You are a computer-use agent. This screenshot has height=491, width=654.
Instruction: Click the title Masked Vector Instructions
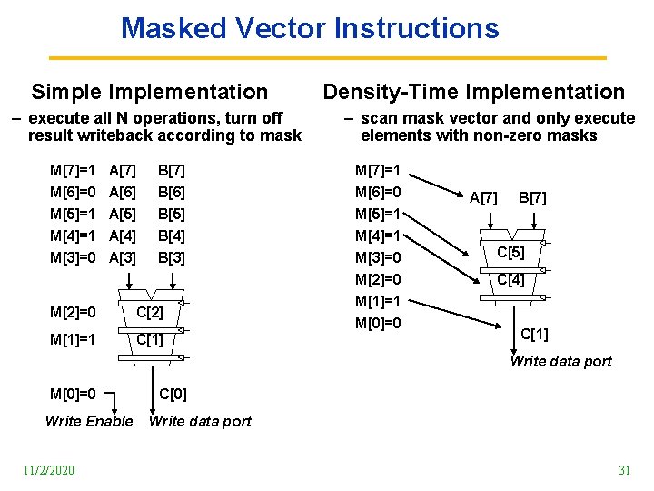[310, 28]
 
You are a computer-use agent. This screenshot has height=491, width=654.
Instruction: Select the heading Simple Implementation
[150, 92]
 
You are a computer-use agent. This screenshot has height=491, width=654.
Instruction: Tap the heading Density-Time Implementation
[474, 92]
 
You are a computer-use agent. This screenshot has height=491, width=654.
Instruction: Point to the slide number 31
[624, 469]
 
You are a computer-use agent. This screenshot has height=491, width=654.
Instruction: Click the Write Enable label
[88, 421]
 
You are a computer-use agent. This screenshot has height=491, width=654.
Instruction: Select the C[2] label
[149, 313]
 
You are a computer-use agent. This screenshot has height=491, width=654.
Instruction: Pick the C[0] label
[173, 395]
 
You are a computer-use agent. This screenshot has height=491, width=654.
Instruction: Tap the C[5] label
[510, 252]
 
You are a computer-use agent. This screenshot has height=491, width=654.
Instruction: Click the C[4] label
[510, 280]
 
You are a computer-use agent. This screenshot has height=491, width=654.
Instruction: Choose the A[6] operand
[123, 193]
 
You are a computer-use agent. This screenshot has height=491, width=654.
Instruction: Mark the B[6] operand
[171, 193]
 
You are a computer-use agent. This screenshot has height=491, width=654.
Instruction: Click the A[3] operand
[123, 257]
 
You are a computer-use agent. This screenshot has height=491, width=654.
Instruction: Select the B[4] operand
[171, 236]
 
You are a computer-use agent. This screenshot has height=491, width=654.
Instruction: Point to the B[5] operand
[171, 215]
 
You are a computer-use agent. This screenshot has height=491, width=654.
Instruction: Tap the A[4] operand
[123, 236]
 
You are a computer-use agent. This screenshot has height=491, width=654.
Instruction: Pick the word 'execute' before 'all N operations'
[59, 118]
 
